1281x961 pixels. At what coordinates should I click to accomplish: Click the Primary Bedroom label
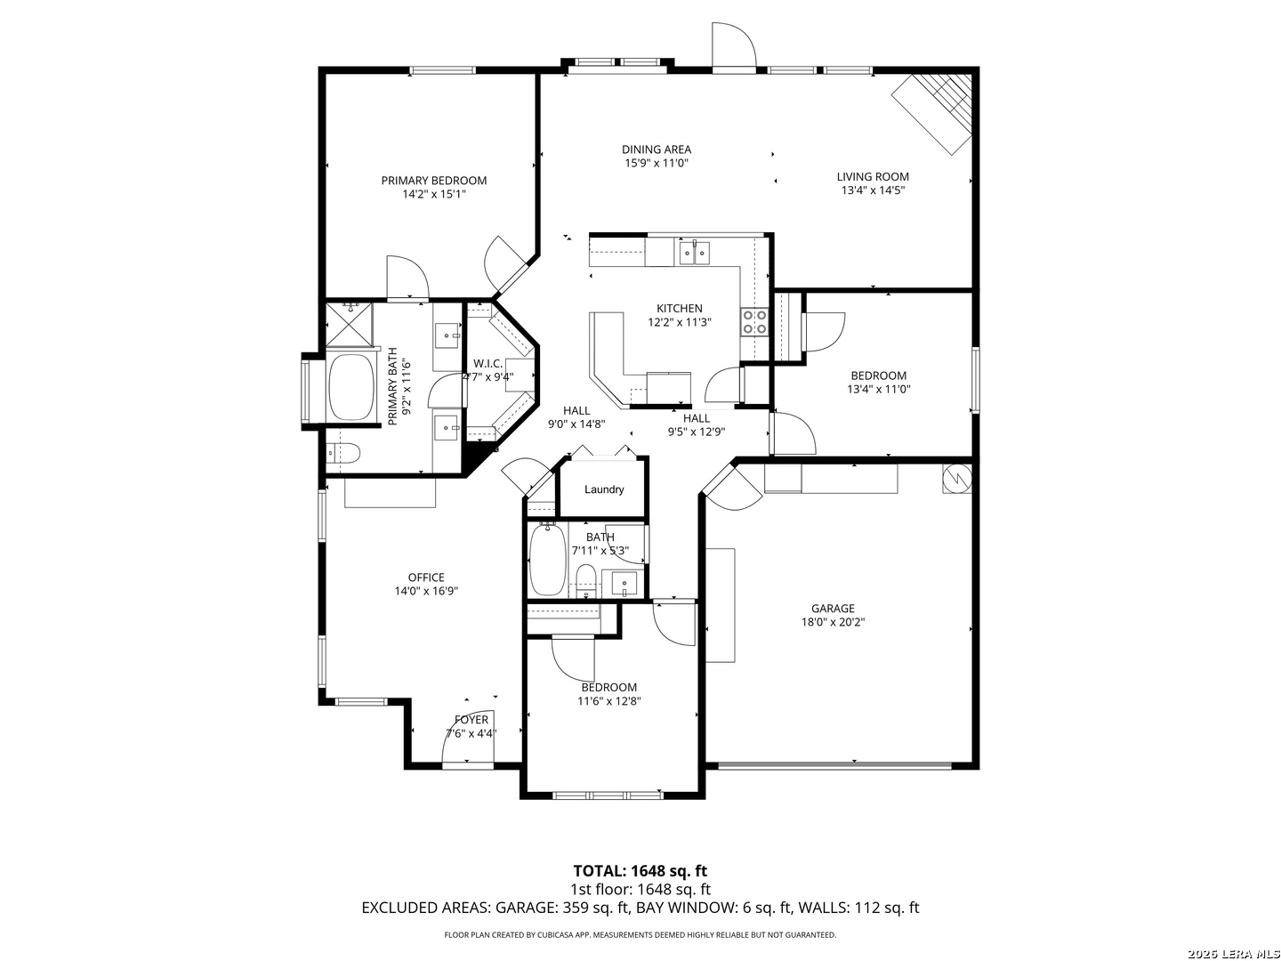(x=433, y=181)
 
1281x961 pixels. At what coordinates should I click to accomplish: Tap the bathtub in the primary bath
(x=350, y=385)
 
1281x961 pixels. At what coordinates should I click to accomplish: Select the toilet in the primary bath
(x=342, y=453)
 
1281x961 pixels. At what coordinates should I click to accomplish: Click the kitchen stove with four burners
(x=753, y=322)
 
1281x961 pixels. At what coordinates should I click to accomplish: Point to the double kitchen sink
(x=695, y=252)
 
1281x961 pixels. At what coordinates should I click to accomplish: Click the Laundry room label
(x=604, y=489)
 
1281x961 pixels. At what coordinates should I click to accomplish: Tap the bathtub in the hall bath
(x=547, y=559)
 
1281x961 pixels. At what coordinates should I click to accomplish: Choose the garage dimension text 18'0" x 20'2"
(x=833, y=622)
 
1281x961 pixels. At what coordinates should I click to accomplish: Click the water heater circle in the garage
(x=956, y=478)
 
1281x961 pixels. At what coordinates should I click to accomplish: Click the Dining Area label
(x=657, y=149)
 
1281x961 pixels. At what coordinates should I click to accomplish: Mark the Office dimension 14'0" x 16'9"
(x=426, y=591)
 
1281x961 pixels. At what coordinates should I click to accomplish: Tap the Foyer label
(x=471, y=720)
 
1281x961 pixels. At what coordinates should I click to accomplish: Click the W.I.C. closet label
(x=487, y=364)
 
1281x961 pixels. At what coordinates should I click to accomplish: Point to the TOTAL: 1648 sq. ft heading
(x=640, y=871)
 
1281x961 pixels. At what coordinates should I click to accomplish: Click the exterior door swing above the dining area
(x=734, y=44)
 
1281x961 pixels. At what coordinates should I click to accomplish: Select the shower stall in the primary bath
(x=349, y=325)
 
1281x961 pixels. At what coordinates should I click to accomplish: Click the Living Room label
(x=873, y=177)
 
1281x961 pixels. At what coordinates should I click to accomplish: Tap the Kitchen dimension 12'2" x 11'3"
(x=680, y=322)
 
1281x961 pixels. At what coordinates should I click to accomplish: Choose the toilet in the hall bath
(x=584, y=579)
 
